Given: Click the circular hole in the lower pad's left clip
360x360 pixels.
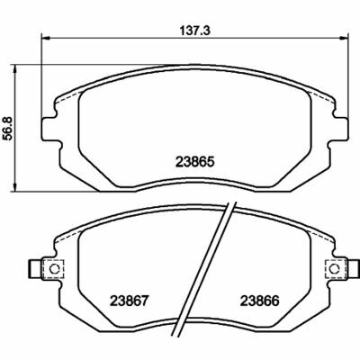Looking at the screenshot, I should click(53, 269).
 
